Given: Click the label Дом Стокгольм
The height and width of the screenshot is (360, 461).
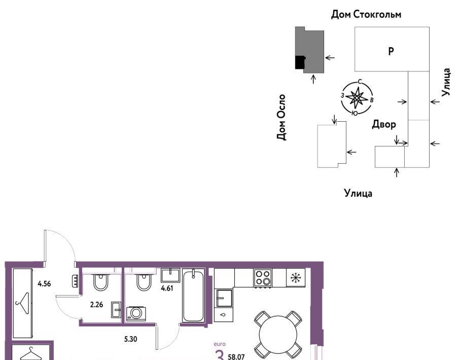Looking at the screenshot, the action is tap(366, 14).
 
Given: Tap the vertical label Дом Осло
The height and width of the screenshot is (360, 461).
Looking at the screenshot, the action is tap(281, 117).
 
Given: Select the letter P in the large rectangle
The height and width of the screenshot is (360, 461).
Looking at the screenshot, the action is tap(391, 51).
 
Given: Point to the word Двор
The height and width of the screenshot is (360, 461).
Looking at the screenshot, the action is tap(384, 124).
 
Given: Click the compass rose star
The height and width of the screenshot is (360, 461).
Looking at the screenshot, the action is tap(357, 97).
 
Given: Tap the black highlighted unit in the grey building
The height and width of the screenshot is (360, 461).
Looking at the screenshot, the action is tap(300, 62).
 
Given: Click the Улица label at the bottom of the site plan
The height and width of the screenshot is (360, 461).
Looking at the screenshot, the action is tap(358, 193).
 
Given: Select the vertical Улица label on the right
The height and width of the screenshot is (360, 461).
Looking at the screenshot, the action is tap(446, 82).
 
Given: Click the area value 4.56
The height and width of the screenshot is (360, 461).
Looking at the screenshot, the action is tap(44, 284).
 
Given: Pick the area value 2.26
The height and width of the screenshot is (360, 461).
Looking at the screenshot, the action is tap(96, 305).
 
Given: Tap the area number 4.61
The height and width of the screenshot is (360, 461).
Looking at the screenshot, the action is tap(167, 289).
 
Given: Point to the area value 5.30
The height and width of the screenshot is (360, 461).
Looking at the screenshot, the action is tap(130, 339).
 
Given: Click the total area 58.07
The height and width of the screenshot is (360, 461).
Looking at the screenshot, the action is tap(236, 357).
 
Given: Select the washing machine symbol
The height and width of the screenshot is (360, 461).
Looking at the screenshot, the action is tap(136, 313).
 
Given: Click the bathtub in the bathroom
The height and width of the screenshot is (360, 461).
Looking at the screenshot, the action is tap(193, 295).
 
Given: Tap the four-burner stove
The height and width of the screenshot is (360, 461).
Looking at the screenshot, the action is tap(263, 278).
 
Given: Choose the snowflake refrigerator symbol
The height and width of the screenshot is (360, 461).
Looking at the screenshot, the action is tap(296, 277).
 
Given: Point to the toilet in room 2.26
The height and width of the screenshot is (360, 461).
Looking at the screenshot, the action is tap(101, 282).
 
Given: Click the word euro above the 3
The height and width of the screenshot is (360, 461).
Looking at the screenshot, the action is tap(220, 344).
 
